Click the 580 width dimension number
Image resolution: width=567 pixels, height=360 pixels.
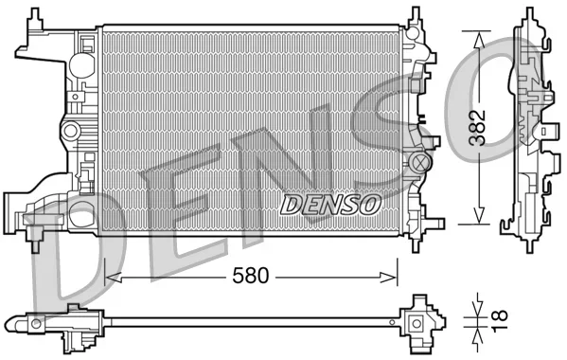[251, 276]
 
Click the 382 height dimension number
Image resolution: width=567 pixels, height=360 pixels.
[477, 127]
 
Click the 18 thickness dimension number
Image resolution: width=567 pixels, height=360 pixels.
[500, 320]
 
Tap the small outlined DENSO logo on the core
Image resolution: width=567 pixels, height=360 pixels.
[330, 205]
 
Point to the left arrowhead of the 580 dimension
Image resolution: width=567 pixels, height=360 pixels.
[113, 278]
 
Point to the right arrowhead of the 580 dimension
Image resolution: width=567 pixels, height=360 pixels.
[388, 278]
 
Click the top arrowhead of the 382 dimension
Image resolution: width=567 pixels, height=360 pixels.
[479, 40]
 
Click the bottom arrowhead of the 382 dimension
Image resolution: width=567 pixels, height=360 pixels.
[479, 215]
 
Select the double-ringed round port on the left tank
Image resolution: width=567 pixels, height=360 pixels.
[71, 131]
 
